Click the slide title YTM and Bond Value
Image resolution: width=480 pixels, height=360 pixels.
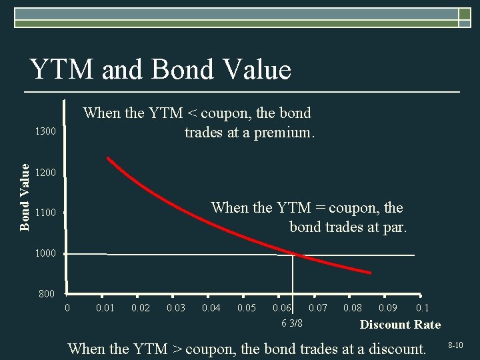[x=160, y=69]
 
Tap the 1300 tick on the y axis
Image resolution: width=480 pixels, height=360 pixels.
[x=45, y=132]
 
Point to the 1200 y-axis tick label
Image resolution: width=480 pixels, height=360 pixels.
[x=45, y=173]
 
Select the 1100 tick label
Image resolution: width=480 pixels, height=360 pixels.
[x=45, y=213]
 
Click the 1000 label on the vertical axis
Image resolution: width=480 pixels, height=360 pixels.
[x=45, y=253]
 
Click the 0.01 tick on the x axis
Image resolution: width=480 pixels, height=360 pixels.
[x=105, y=308]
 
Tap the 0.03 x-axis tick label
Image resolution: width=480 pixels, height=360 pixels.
[x=176, y=308]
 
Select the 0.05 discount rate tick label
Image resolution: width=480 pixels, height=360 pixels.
[x=247, y=308]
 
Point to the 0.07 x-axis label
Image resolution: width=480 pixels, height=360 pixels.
[x=318, y=308]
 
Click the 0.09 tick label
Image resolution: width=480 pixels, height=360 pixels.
[x=389, y=308]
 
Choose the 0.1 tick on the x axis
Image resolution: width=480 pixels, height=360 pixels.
[x=422, y=308]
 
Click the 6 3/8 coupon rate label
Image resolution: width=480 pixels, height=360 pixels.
[x=291, y=323]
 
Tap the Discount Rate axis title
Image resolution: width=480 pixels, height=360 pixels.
[x=400, y=325]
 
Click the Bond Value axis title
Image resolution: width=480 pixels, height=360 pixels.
[x=25, y=197]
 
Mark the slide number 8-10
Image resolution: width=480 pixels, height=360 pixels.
[x=455, y=345]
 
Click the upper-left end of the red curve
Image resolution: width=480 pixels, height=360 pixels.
[x=109, y=159]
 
